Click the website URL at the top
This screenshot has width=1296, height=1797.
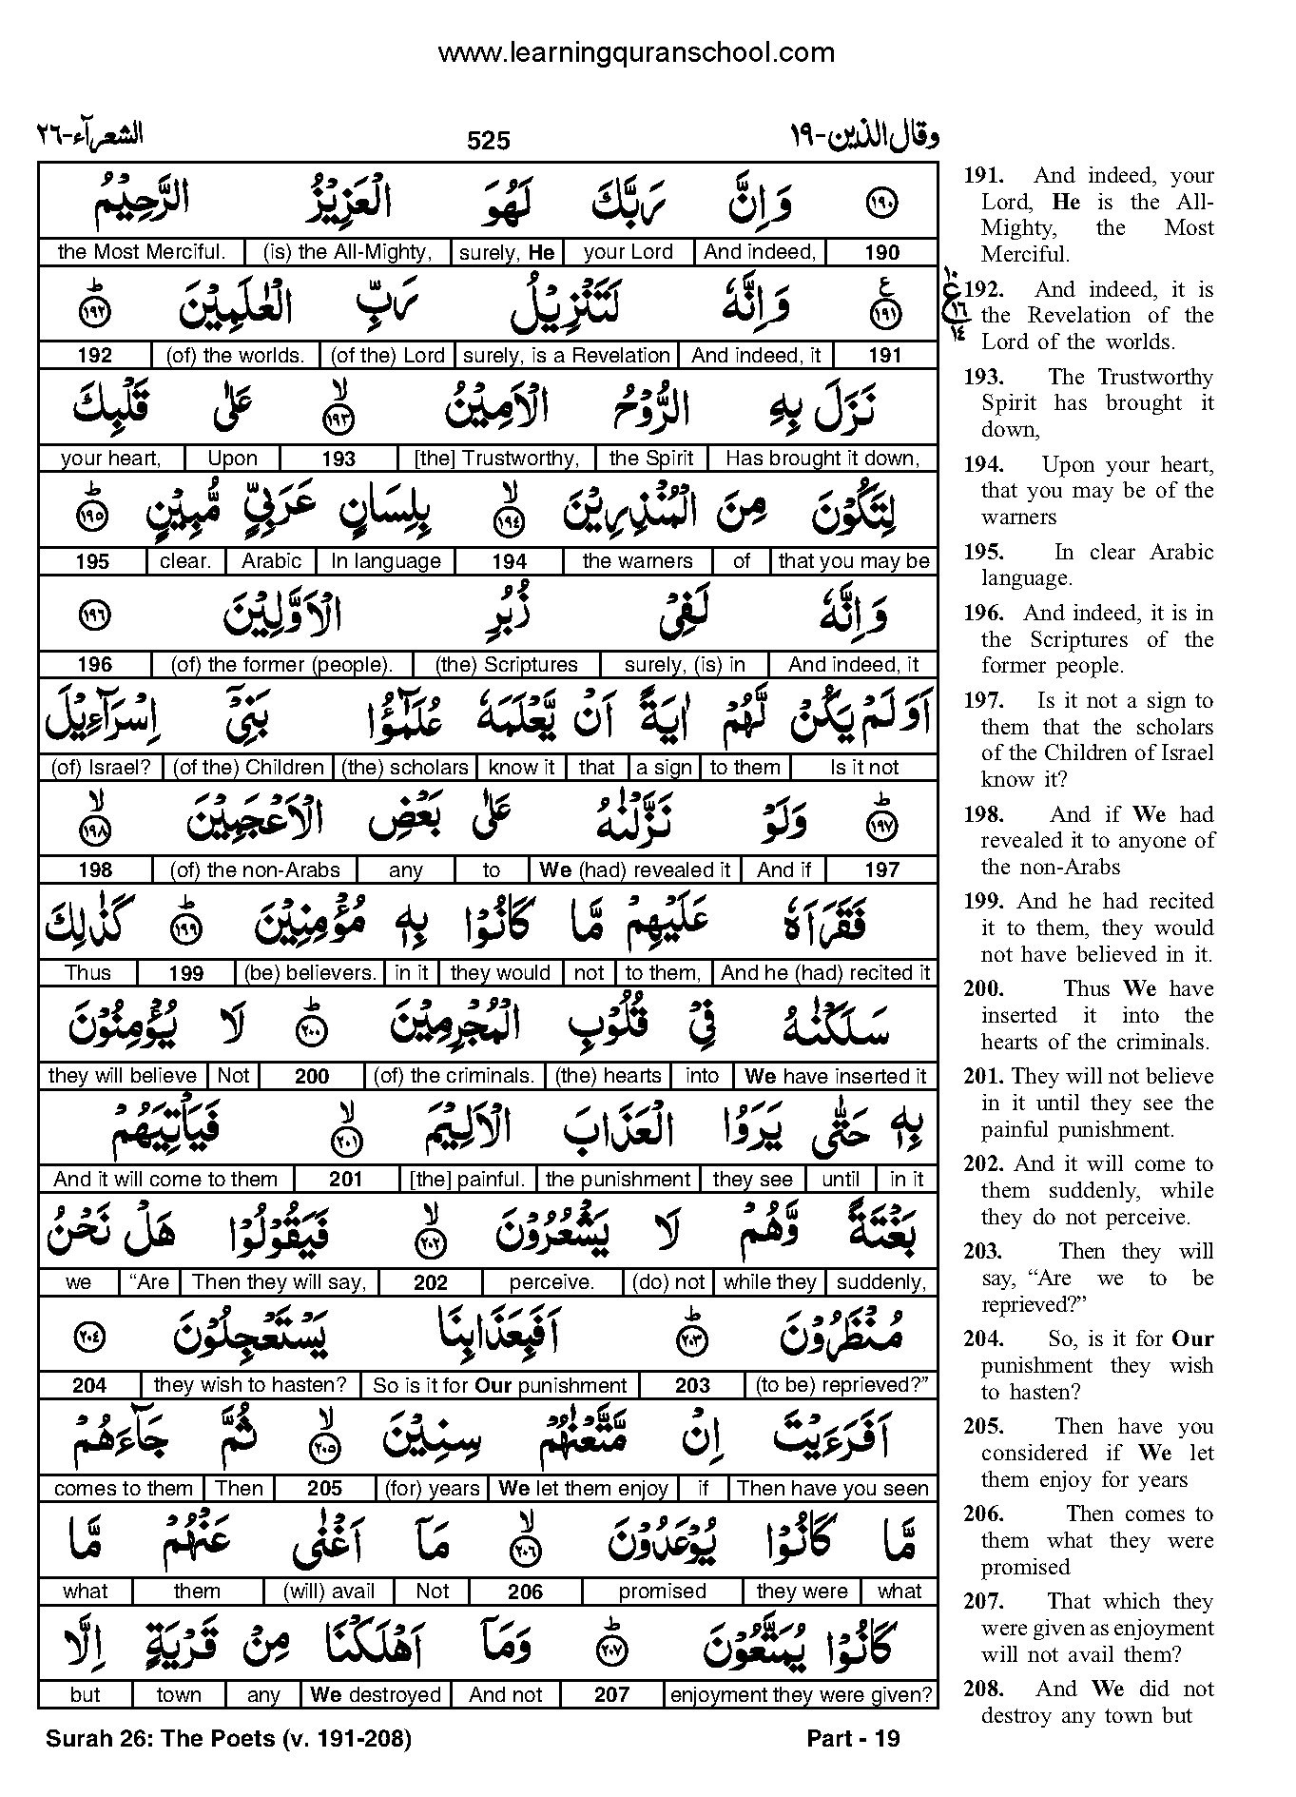click(635, 52)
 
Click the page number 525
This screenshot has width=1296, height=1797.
click(489, 141)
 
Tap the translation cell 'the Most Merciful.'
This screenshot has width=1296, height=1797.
click(141, 252)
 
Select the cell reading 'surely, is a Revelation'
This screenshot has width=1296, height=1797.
click(567, 356)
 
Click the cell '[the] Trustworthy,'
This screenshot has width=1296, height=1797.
click(496, 459)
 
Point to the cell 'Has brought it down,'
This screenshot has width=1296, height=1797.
click(822, 459)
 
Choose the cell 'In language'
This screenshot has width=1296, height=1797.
click(386, 561)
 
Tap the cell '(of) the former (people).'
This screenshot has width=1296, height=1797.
click(281, 665)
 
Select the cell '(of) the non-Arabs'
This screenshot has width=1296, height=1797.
click(254, 870)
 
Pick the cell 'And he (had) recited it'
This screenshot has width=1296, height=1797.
click(825, 973)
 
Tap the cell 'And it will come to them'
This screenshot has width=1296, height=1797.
click(165, 1180)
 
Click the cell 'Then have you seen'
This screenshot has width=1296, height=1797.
click(833, 1489)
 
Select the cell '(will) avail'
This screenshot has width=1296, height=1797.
click(329, 1592)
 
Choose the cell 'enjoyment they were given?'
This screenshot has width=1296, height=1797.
click(801, 1694)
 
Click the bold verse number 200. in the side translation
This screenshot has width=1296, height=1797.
click(983, 989)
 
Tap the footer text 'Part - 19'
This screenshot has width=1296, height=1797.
click(853, 1739)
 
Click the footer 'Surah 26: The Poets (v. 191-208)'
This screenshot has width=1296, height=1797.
click(228, 1739)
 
